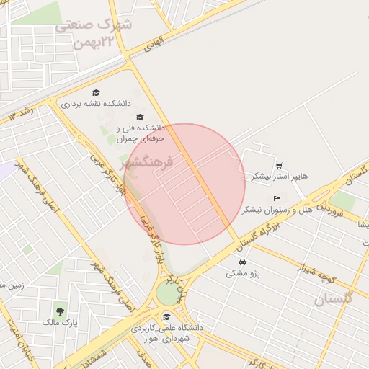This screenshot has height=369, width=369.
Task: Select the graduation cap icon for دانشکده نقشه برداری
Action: [x=95, y=92]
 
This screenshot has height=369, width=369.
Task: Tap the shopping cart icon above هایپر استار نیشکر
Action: [x=279, y=165]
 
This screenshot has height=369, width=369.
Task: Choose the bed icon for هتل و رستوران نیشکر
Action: [x=277, y=198]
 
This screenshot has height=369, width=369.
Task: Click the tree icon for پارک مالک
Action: [x=58, y=312]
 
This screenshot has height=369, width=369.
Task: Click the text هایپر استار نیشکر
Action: [x=280, y=176]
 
